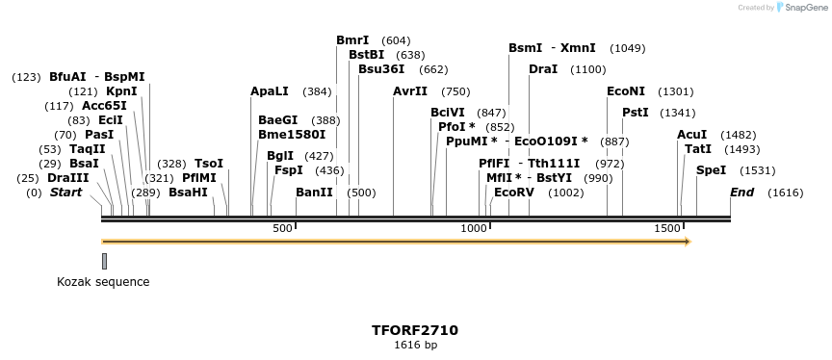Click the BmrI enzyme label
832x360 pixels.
pos(352,40)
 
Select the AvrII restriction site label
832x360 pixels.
pos(410,91)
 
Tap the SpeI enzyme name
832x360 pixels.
pos(711,170)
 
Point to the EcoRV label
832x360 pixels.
pos(513,193)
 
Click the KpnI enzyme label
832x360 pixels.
pos(121,91)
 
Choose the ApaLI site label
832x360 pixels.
pos(270,91)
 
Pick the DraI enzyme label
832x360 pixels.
pos(543,69)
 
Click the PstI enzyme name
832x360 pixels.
pos(636,113)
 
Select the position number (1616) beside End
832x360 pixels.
pos(785,193)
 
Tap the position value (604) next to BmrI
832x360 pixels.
pos(396,40)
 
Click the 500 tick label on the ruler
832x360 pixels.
pos(282,228)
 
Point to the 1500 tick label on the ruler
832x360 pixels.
pos(667,228)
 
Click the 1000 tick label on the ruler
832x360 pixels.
pos(474,228)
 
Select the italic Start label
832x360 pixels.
pos(65,193)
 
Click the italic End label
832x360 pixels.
pos(741,193)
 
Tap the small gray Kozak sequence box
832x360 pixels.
pos(104,260)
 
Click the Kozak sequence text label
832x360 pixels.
pos(103,282)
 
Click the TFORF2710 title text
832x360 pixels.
pos(415,330)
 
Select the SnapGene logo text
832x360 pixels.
pos(807,7)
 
